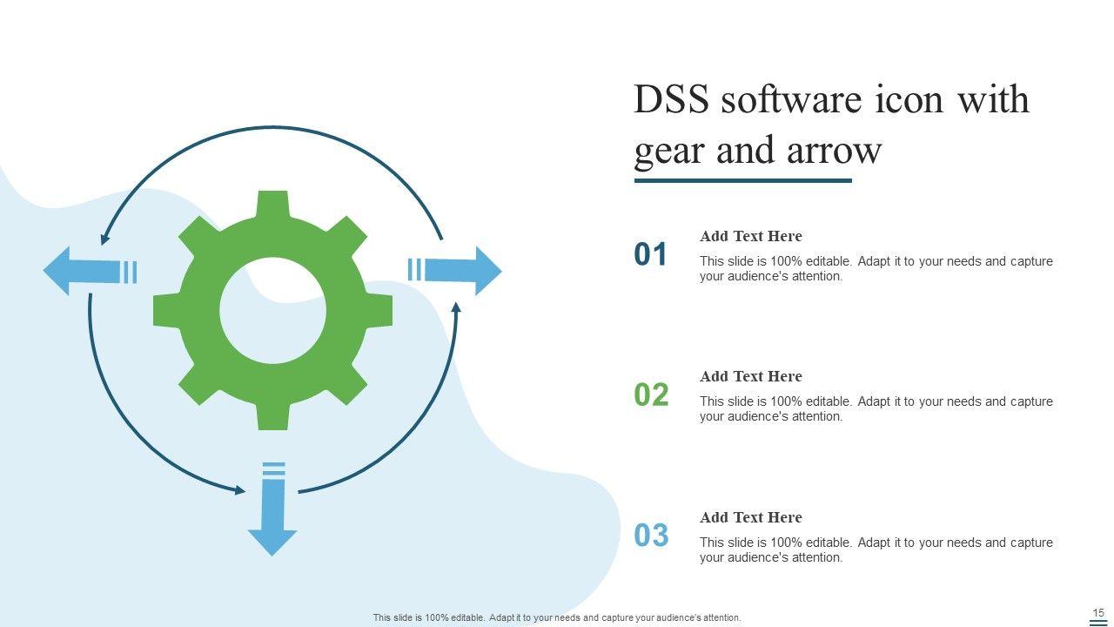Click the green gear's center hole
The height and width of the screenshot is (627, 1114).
(x=272, y=311)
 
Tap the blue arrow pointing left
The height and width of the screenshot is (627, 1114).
(x=83, y=271)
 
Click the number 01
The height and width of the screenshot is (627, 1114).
(x=651, y=254)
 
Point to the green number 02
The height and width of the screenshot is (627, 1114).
(x=651, y=395)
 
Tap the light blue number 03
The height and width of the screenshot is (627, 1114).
(x=651, y=536)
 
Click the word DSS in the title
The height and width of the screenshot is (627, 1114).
(x=671, y=100)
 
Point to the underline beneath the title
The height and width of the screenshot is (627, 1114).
(x=742, y=181)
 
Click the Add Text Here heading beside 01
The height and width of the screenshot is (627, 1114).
(x=750, y=236)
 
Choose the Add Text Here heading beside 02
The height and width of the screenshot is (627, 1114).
(x=750, y=376)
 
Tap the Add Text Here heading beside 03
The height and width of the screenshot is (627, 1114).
(x=750, y=517)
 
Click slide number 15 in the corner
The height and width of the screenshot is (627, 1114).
(x=1098, y=613)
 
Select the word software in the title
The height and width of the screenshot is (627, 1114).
(x=791, y=100)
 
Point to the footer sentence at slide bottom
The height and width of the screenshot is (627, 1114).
(x=557, y=617)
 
